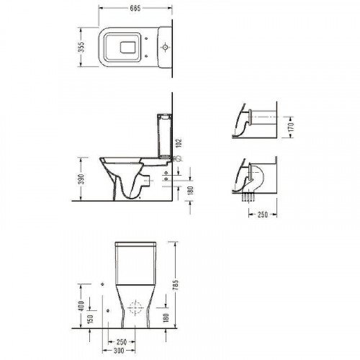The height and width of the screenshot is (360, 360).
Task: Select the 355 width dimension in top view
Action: pyautogui.click(x=83, y=48)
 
